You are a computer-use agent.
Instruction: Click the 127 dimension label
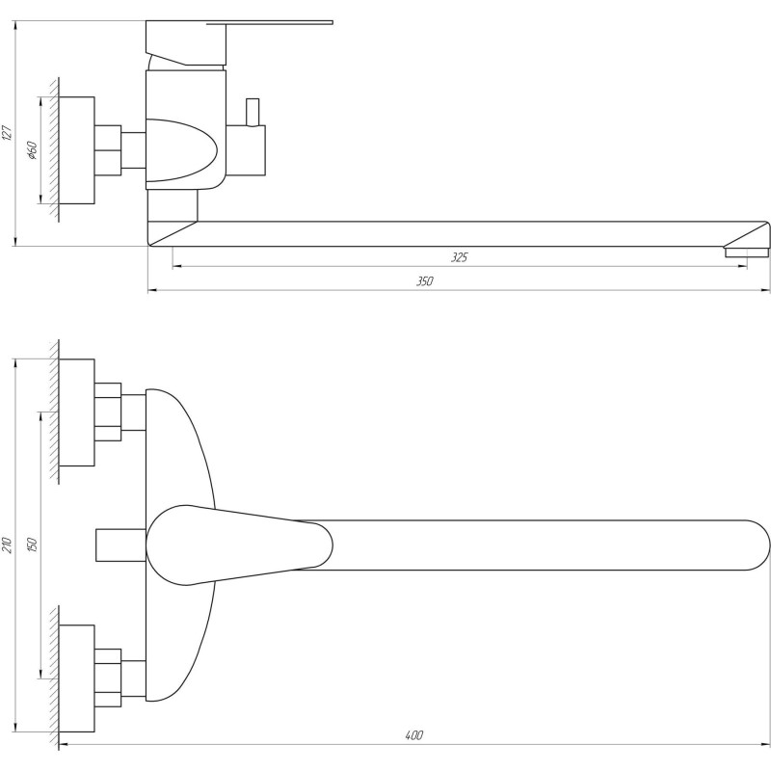pos(8,133)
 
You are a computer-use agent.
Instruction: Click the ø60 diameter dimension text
pos(32,150)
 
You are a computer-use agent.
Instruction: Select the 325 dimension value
pos(459,257)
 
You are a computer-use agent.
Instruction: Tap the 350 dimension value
pos(425,281)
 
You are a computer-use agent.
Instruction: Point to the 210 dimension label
pos(8,544)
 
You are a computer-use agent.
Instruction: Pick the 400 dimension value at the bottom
pos(413,735)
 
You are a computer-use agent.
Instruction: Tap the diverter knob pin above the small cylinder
pos(253,112)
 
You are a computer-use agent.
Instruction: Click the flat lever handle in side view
pos(279,22)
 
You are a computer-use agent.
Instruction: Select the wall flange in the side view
pos(77,149)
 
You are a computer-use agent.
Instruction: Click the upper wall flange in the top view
pos(77,412)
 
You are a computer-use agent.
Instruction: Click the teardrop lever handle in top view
pos(241,545)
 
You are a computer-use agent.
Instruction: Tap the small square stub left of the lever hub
pos(120,545)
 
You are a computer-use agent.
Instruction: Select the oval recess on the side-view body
pos(183,149)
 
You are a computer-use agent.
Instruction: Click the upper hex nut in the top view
pos(108,412)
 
